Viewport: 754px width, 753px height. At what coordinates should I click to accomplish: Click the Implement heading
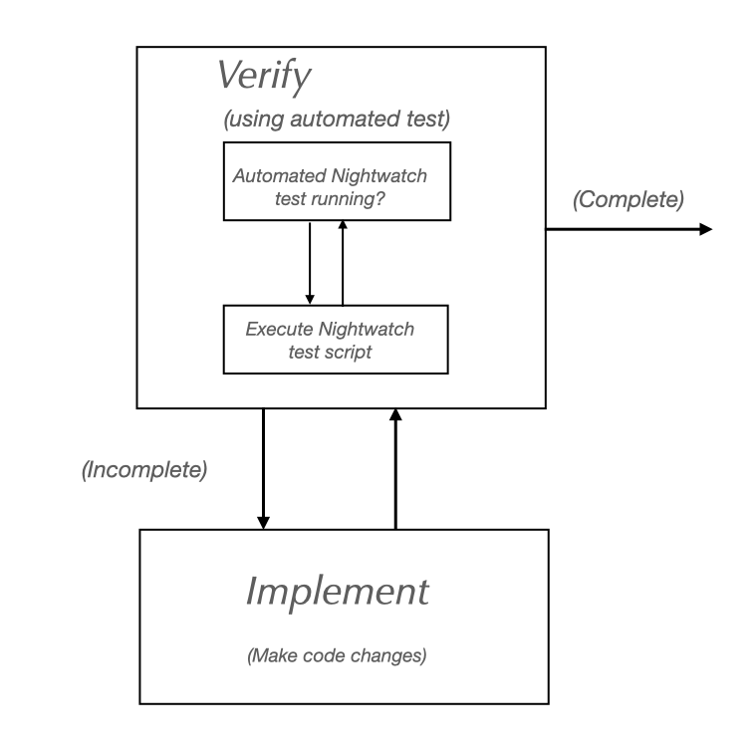[x=337, y=591]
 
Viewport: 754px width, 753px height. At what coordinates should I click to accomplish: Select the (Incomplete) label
[x=144, y=470]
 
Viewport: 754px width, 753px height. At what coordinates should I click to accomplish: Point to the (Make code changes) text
[x=337, y=657]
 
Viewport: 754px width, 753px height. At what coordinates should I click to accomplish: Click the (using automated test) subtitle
[x=337, y=122]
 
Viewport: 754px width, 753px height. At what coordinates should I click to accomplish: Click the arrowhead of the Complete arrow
[x=706, y=229]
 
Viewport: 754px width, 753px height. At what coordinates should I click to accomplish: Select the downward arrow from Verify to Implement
[x=264, y=468]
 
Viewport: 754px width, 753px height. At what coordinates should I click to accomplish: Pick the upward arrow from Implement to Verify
[x=395, y=468]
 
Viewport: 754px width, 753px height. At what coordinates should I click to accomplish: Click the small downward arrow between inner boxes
[x=310, y=263]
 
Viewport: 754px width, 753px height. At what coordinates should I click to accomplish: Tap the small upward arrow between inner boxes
[x=343, y=263]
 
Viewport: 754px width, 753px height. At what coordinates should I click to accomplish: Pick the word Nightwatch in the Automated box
[x=383, y=176]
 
